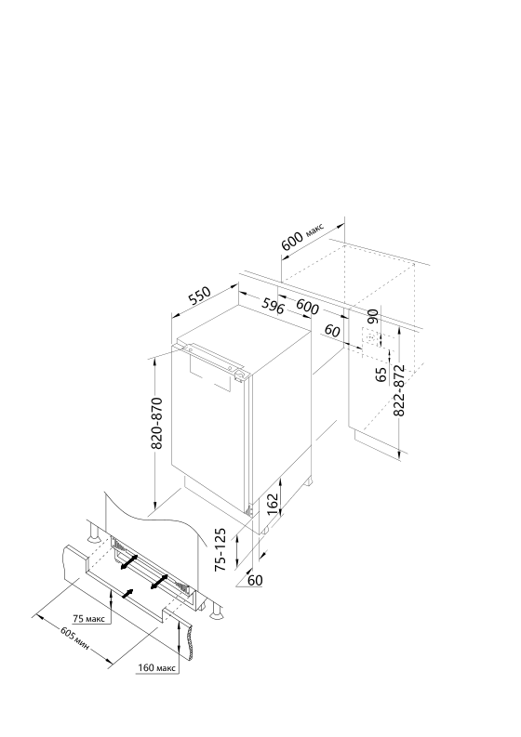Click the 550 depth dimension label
pyautogui.click(x=198, y=296)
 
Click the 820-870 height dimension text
pyautogui.click(x=156, y=423)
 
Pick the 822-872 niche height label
pyautogui.click(x=398, y=390)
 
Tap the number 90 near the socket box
pyautogui.click(x=373, y=316)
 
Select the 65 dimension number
pyautogui.click(x=381, y=375)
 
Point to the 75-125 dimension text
pyautogui.click(x=221, y=549)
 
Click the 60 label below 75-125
pyautogui.click(x=255, y=581)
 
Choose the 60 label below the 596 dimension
pyautogui.click(x=332, y=331)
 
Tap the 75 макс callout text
pyautogui.click(x=89, y=619)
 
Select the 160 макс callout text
pyautogui.click(x=156, y=668)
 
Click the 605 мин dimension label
pyautogui.click(x=73, y=638)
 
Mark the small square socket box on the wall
pyautogui.click(x=370, y=338)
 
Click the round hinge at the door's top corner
pyautogui.click(x=240, y=375)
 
